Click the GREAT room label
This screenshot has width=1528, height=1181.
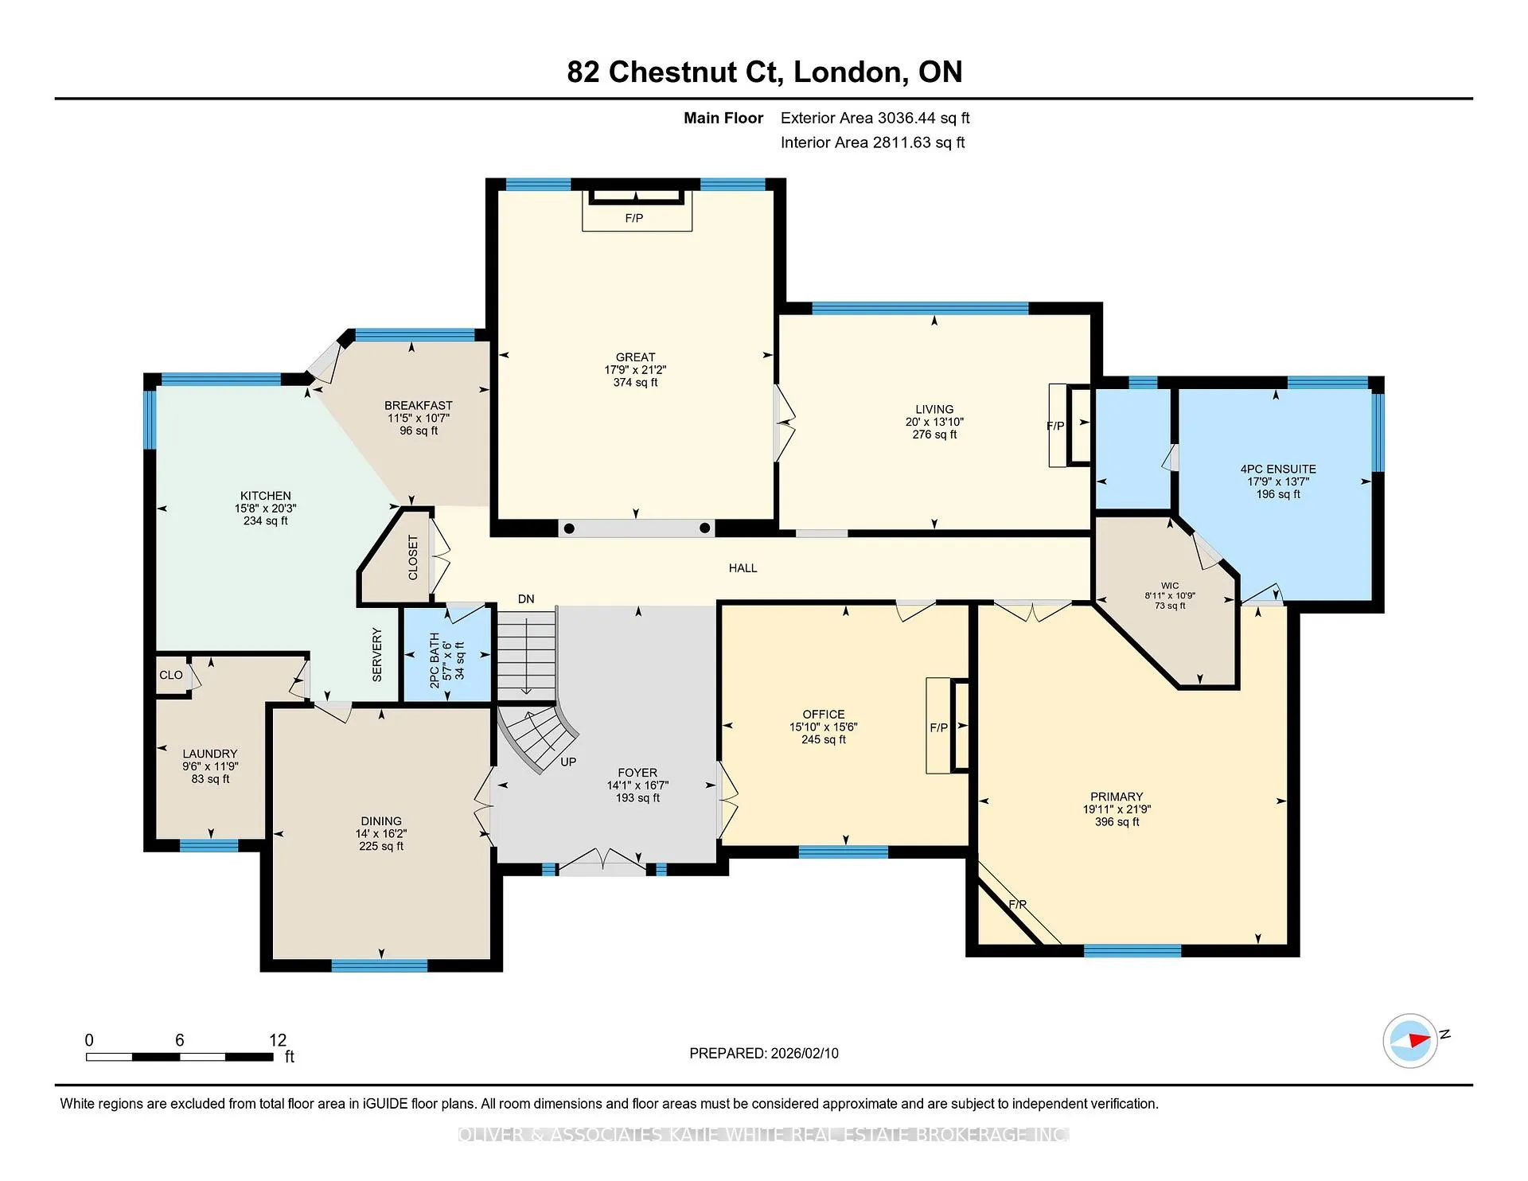tap(635, 357)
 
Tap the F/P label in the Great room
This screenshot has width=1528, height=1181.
tap(634, 218)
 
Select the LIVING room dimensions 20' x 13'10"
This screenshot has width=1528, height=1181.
tap(934, 422)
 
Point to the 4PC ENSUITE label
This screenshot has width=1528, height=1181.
tap(1278, 469)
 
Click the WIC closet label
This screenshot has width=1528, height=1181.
tap(1170, 586)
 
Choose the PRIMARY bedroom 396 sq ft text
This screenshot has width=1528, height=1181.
tap(1117, 822)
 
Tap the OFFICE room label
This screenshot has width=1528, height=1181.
tap(824, 715)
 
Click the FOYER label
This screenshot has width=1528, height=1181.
tap(637, 773)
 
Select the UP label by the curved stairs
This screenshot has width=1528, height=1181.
tap(568, 762)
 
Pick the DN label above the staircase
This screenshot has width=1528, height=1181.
tap(526, 599)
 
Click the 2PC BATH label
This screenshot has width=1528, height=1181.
tap(435, 661)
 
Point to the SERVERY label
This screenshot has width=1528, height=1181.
tap(377, 655)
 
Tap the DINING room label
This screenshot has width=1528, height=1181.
tap(381, 821)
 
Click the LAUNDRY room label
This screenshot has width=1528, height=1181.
tap(210, 754)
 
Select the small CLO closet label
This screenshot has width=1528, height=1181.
tap(171, 675)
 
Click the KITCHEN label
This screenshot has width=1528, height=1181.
tap(266, 496)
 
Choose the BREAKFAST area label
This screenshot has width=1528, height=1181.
tap(419, 406)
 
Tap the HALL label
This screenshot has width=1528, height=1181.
tap(743, 568)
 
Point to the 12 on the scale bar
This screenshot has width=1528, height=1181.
tap(278, 1040)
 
